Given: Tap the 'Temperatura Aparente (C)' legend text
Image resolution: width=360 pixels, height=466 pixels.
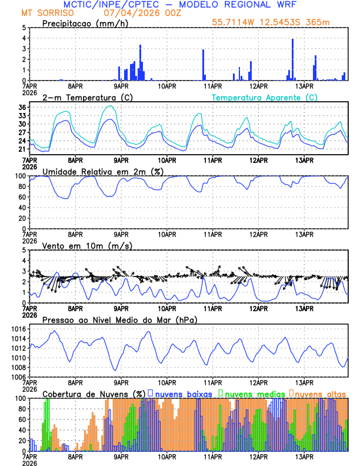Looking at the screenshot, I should (264, 97).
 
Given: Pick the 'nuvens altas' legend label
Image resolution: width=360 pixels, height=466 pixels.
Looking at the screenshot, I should (319, 393).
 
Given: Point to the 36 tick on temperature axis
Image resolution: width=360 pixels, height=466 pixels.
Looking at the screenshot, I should (22, 107).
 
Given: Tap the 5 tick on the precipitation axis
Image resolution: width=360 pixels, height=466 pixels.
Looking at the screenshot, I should (24, 28).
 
